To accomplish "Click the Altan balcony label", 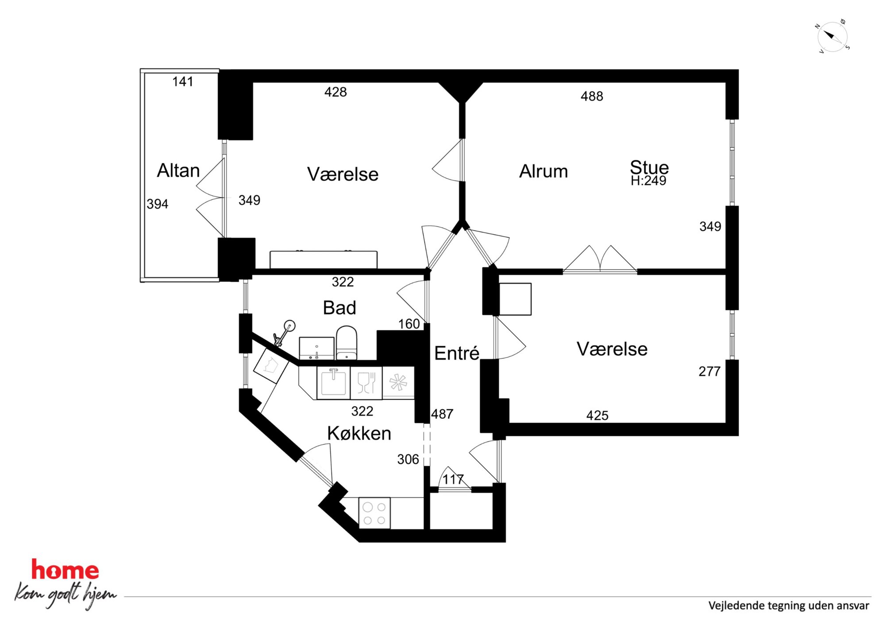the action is pyautogui.click(x=178, y=170).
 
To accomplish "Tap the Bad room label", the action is pyautogui.click(x=339, y=308).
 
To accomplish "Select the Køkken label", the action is pyautogui.click(x=359, y=433).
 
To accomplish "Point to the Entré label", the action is pyautogui.click(x=457, y=353).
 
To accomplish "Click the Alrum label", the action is pyautogui.click(x=543, y=171).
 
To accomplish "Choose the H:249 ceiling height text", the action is pyautogui.click(x=648, y=181).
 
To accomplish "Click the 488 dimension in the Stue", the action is pyautogui.click(x=592, y=96).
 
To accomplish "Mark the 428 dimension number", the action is pyautogui.click(x=335, y=92).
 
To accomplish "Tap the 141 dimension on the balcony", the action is pyautogui.click(x=183, y=81).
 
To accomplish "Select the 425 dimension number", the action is pyautogui.click(x=597, y=415).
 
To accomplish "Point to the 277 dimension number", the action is pyautogui.click(x=709, y=371).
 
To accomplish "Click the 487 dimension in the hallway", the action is pyautogui.click(x=442, y=414).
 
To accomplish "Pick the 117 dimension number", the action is pyautogui.click(x=453, y=479).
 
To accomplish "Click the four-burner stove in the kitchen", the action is pyautogui.click(x=374, y=513).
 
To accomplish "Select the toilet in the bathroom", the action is pyautogui.click(x=347, y=343).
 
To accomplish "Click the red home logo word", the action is pyautogui.click(x=65, y=570).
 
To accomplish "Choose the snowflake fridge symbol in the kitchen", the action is pyautogui.click(x=398, y=382).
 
